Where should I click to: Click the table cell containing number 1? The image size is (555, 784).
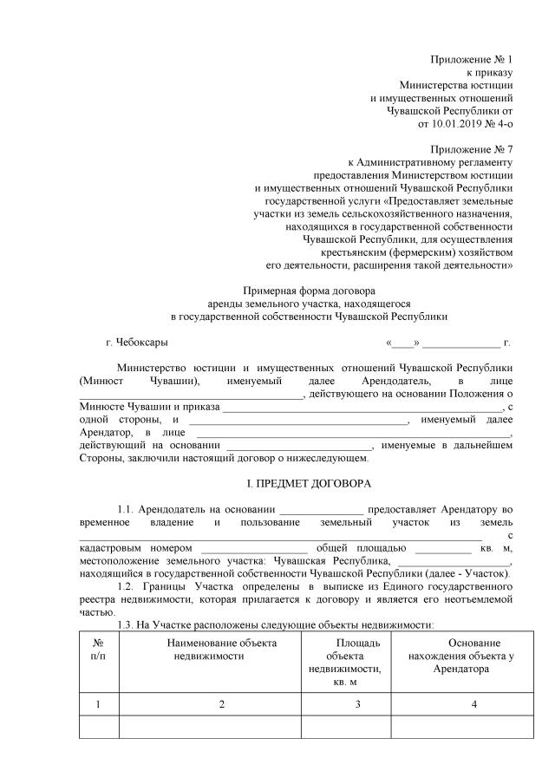[x=98, y=704]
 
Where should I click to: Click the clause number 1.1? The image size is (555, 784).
[x=127, y=509]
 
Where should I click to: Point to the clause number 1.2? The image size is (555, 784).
[x=127, y=587]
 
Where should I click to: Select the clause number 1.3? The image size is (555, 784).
[x=127, y=625]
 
